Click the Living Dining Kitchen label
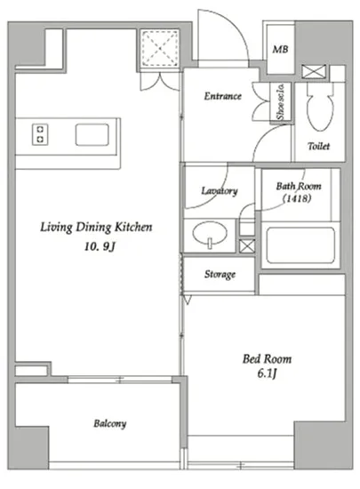click(96, 227)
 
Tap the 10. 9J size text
click(100, 246)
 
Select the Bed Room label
click(268, 359)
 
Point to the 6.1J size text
click(267, 373)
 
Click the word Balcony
click(110, 424)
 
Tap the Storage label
click(220, 275)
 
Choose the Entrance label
click(222, 96)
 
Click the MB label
click(280, 49)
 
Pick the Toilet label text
click(318, 146)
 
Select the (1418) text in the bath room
click(297, 198)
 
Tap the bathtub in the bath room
click(300, 245)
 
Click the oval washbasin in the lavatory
click(210, 233)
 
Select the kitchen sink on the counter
click(92, 135)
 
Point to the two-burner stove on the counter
click(40, 134)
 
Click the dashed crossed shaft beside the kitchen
click(159, 48)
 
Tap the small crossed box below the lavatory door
click(247, 245)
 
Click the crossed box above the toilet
click(314, 72)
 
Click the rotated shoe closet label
click(281, 101)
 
